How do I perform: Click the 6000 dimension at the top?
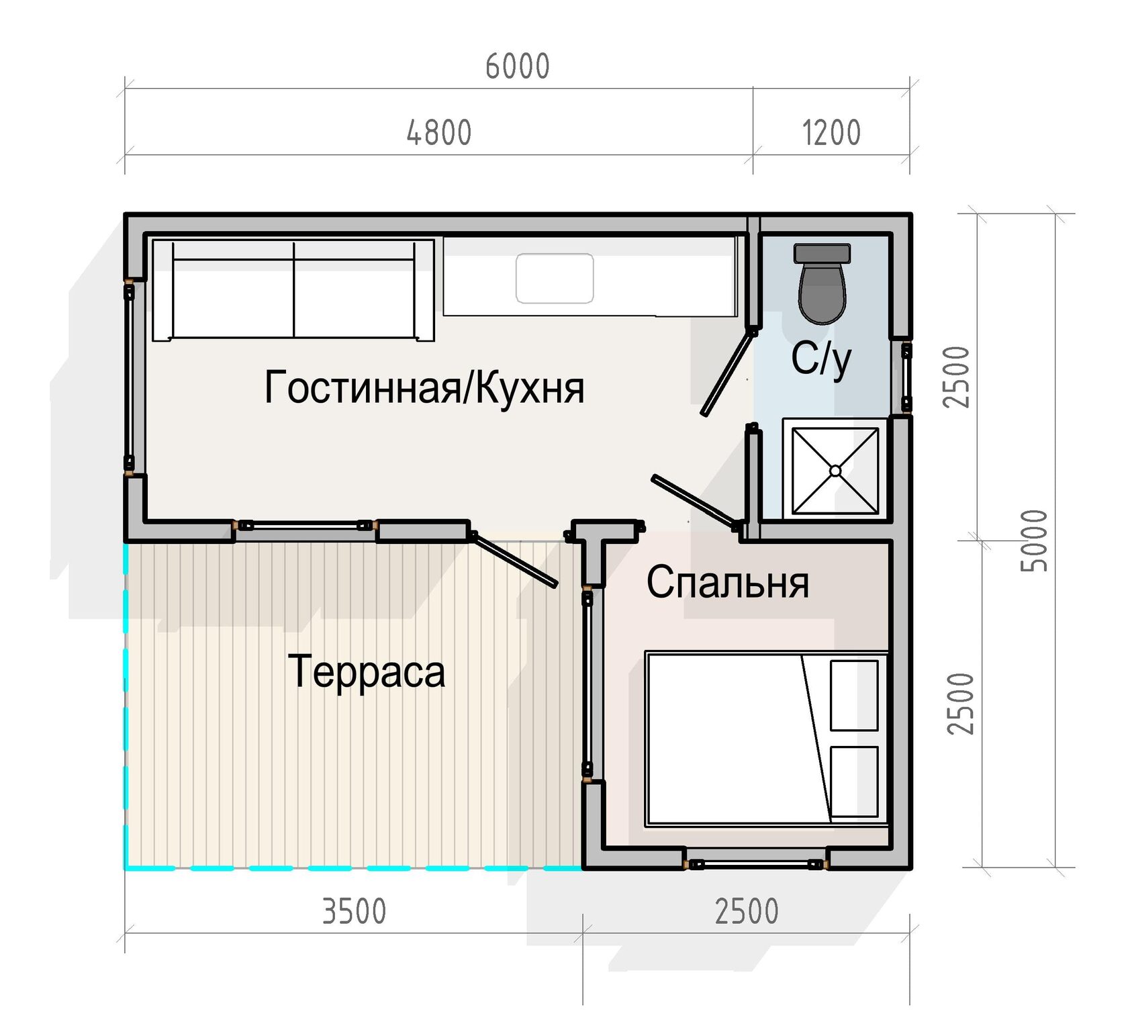pyautogui.click(x=517, y=66)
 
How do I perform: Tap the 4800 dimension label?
pyautogui.click(x=439, y=132)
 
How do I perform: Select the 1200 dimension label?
pyautogui.click(x=831, y=132)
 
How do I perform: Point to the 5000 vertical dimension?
pyautogui.click(x=1034, y=541)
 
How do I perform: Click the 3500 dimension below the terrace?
pyautogui.click(x=355, y=911)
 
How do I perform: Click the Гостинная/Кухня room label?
pyautogui.click(x=424, y=387)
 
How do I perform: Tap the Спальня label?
pyautogui.click(x=728, y=582)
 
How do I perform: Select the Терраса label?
pyautogui.click(x=367, y=671)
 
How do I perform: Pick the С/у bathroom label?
pyautogui.click(x=821, y=359)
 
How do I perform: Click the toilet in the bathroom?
pyautogui.click(x=822, y=283)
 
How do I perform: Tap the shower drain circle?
pyautogui.click(x=835, y=471)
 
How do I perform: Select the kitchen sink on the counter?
pyautogui.click(x=555, y=278)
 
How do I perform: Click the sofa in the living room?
pyautogui.click(x=293, y=290)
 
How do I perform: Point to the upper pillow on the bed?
pyautogui.click(x=854, y=696)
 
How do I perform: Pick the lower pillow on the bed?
pyautogui.click(x=854, y=782)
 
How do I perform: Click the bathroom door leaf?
pyautogui.click(x=728, y=373)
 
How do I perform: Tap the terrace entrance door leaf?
pyautogui.click(x=514, y=560)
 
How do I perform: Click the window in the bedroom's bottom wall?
pyautogui.click(x=755, y=864)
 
